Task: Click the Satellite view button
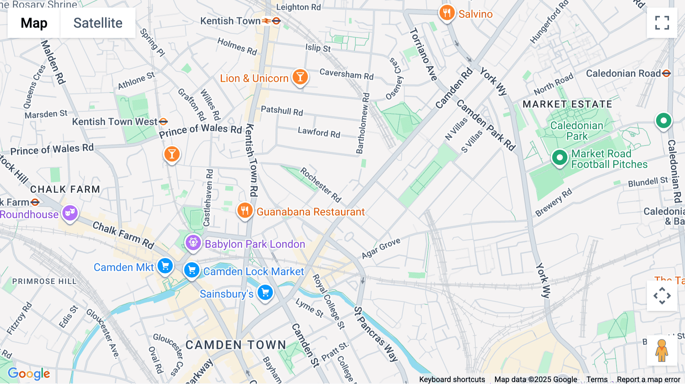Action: coord(98,23)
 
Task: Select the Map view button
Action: coord(34,23)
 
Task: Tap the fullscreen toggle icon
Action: coord(662,23)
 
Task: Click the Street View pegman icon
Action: coord(662,351)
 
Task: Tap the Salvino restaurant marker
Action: coord(447,13)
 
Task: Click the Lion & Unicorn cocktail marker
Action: coord(300,77)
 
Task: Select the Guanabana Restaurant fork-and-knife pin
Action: coord(245,210)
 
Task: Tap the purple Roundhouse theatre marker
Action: coord(70,213)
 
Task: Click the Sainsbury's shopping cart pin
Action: coord(265,293)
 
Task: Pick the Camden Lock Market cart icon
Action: coord(192,270)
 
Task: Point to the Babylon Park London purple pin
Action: coord(193,243)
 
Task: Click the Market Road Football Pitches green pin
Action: coord(559,157)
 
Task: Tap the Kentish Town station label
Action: coord(231,21)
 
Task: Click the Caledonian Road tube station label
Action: coord(623,73)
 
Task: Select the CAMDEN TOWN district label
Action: coord(236,345)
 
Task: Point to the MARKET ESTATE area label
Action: coord(567,104)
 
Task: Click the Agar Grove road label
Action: coord(381,248)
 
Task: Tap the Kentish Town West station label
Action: coord(115,122)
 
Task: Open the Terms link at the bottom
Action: coord(597,379)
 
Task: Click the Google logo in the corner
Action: coord(29,373)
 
